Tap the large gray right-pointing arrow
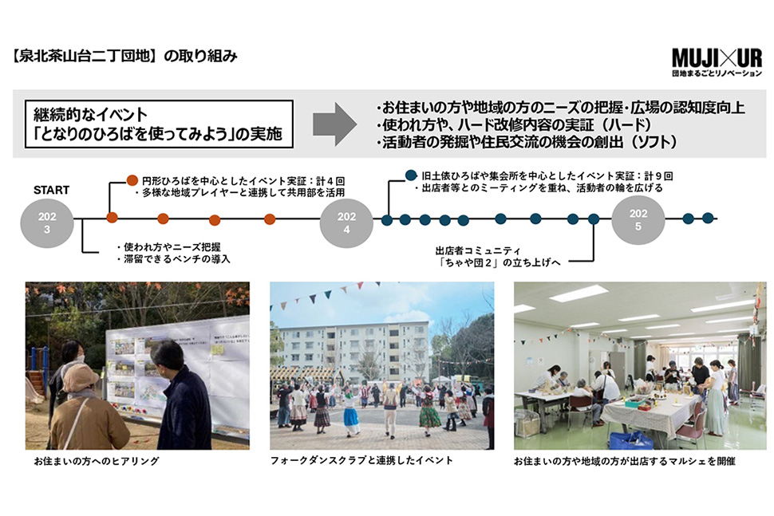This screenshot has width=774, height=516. coord(334,124)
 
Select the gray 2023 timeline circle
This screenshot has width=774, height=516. coord(47,223)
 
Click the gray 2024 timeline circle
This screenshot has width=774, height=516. coord(346,223)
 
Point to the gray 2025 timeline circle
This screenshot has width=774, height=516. coord(638,220)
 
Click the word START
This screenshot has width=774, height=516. coord(51,190)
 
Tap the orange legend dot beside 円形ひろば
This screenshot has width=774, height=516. coord(132,180)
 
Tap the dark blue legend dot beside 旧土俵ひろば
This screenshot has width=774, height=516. coord(411,175)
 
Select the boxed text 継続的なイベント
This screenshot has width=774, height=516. coord(90,115)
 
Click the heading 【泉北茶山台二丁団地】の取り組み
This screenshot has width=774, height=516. coord(124,57)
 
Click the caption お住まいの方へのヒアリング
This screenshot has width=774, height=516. coord(97,461)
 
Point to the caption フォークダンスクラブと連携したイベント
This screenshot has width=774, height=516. coord(361,460)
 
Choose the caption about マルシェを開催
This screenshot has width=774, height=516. coord(625,461)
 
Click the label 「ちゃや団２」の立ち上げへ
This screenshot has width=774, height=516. coord(500,262)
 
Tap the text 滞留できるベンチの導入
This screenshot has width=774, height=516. coord(174,259)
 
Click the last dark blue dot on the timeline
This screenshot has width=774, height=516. coord(708,218)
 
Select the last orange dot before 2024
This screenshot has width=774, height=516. coord(270,219)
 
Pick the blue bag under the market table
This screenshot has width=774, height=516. coord(631,440)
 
